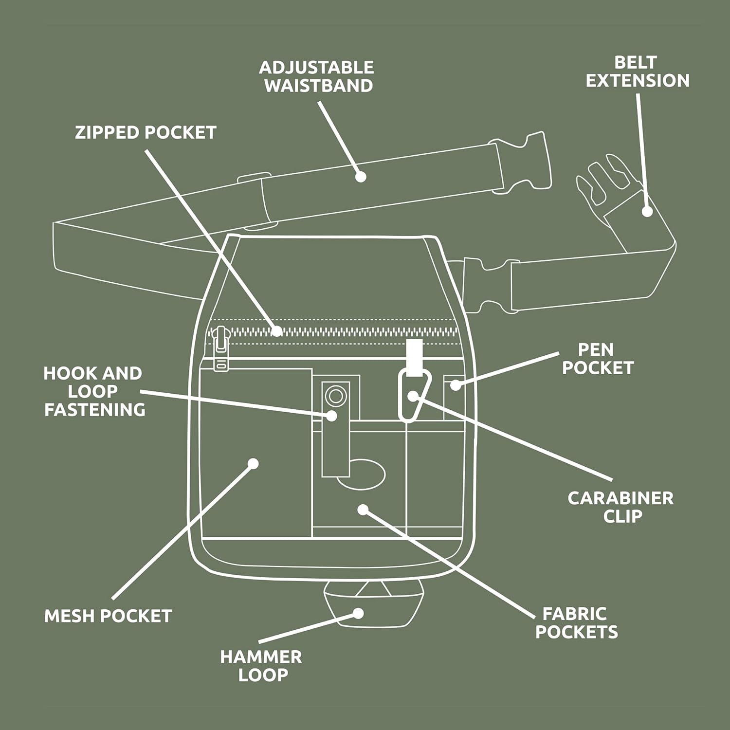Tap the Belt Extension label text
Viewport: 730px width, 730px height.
point(637,72)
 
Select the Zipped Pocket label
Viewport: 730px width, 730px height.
point(146,132)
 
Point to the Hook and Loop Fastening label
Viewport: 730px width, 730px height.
point(94,392)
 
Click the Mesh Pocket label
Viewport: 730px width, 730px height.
point(108,616)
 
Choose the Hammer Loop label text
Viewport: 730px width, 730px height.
point(261,666)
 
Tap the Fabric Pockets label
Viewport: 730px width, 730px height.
point(576,623)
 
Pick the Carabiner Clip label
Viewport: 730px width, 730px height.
point(620,507)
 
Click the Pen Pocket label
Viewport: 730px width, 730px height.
point(598,359)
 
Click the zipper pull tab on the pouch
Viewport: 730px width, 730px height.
point(221,348)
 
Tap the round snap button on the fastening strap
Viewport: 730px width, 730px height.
point(335,395)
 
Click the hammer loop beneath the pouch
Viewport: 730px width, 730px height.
point(373,603)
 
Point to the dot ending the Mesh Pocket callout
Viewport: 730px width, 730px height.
point(253,463)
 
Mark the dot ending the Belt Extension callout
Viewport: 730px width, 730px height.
point(647,211)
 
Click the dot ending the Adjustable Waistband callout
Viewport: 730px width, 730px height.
point(360,177)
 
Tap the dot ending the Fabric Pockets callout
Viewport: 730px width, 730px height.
point(363,510)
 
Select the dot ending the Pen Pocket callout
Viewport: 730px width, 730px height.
point(455,385)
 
